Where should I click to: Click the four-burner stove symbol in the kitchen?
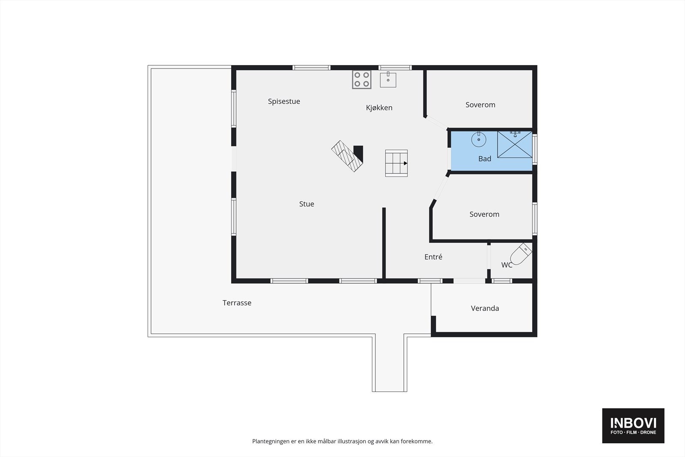coord(361,80)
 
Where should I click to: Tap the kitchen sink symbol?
coord(388,80)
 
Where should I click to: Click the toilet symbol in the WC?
coord(521,254)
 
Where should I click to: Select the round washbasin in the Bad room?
coord(479,139)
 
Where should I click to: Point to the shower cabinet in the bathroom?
coord(515,145)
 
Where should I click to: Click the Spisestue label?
coord(284,102)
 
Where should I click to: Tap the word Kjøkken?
coord(379,108)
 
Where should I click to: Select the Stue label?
coord(307,204)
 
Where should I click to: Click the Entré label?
coord(433,257)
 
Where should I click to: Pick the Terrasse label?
coord(237,303)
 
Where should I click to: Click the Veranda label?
coord(485,308)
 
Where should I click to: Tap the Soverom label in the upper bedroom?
coord(480,105)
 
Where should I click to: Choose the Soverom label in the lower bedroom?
coord(484,215)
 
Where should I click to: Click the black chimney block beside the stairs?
coord(359,153)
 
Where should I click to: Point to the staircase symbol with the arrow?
coord(396,163)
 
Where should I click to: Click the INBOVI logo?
coord(633,425)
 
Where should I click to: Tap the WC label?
coord(506,265)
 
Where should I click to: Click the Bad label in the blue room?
coord(485,159)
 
